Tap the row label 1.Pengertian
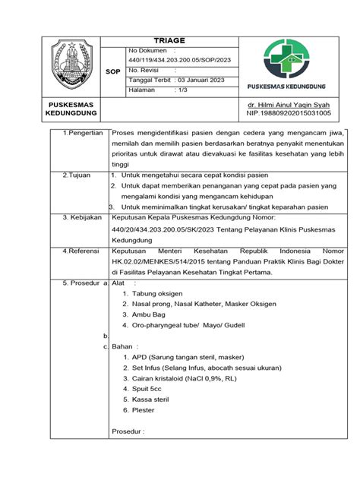click(x=80, y=132)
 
